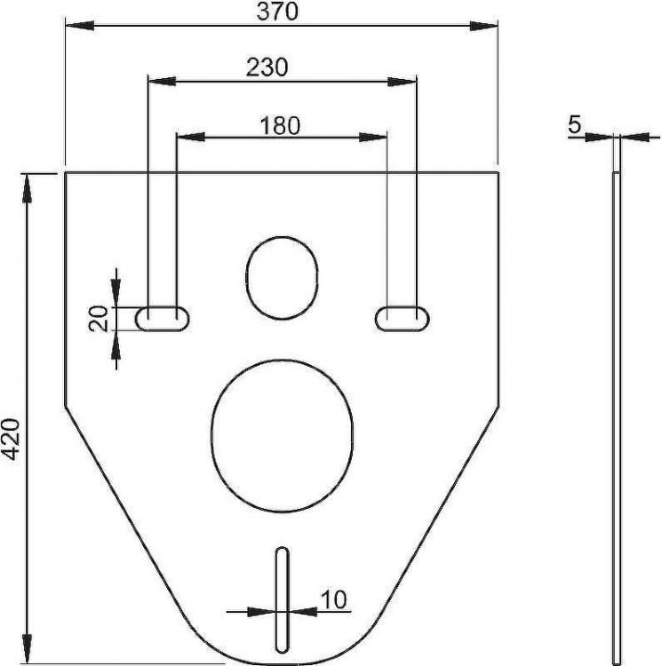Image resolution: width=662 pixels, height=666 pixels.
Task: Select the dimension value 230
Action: pyautogui.click(x=267, y=67)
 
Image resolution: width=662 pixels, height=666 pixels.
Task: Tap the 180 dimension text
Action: pyautogui.click(x=280, y=125)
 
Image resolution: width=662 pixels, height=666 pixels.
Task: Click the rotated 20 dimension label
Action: pyautogui.click(x=100, y=317)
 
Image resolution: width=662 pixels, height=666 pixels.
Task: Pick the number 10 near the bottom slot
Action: pyautogui.click(x=332, y=600)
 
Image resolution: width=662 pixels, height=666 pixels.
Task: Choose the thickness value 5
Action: pyautogui.click(x=574, y=125)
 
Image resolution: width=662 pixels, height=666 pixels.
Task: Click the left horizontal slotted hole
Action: pyautogui.click(x=162, y=317)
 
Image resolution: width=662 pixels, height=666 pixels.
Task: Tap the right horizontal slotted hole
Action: pyautogui.click(x=402, y=317)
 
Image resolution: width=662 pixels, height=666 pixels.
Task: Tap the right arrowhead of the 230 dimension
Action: pyautogui.click(x=403, y=83)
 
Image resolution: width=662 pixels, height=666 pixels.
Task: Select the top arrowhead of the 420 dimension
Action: pyautogui.click(x=29, y=185)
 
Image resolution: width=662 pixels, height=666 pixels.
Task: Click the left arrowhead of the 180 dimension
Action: pyautogui.click(x=190, y=137)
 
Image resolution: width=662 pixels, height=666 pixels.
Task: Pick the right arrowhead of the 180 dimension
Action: pyautogui.click(x=375, y=137)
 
